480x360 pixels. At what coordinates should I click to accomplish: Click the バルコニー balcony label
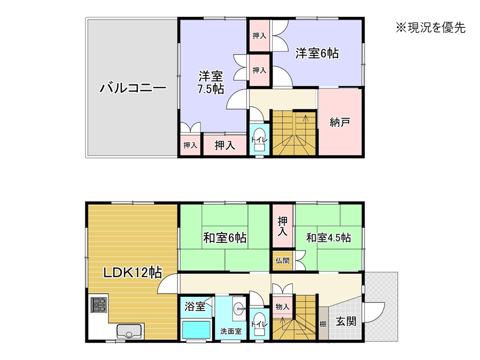(133, 88)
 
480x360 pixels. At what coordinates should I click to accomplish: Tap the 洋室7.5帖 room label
(210, 82)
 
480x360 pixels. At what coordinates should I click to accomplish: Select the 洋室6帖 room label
(317, 53)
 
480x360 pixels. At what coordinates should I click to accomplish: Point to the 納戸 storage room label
(340, 122)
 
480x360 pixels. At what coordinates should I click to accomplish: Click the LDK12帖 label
(133, 272)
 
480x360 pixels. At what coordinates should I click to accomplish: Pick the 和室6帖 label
(225, 238)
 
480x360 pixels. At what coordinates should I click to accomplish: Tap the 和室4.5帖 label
(328, 238)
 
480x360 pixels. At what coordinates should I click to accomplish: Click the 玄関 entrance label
(346, 321)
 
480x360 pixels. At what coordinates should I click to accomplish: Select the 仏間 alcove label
(282, 261)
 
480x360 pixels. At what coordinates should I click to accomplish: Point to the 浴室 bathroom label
(194, 306)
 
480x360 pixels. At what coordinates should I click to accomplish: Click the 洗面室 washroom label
(231, 331)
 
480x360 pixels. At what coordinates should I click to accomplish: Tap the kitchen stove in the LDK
(99, 305)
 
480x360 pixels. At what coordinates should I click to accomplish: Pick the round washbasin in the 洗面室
(239, 309)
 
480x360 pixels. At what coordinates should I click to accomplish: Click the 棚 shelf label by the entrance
(323, 324)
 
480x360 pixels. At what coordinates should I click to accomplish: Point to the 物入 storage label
(282, 307)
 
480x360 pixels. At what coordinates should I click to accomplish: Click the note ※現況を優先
(431, 28)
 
